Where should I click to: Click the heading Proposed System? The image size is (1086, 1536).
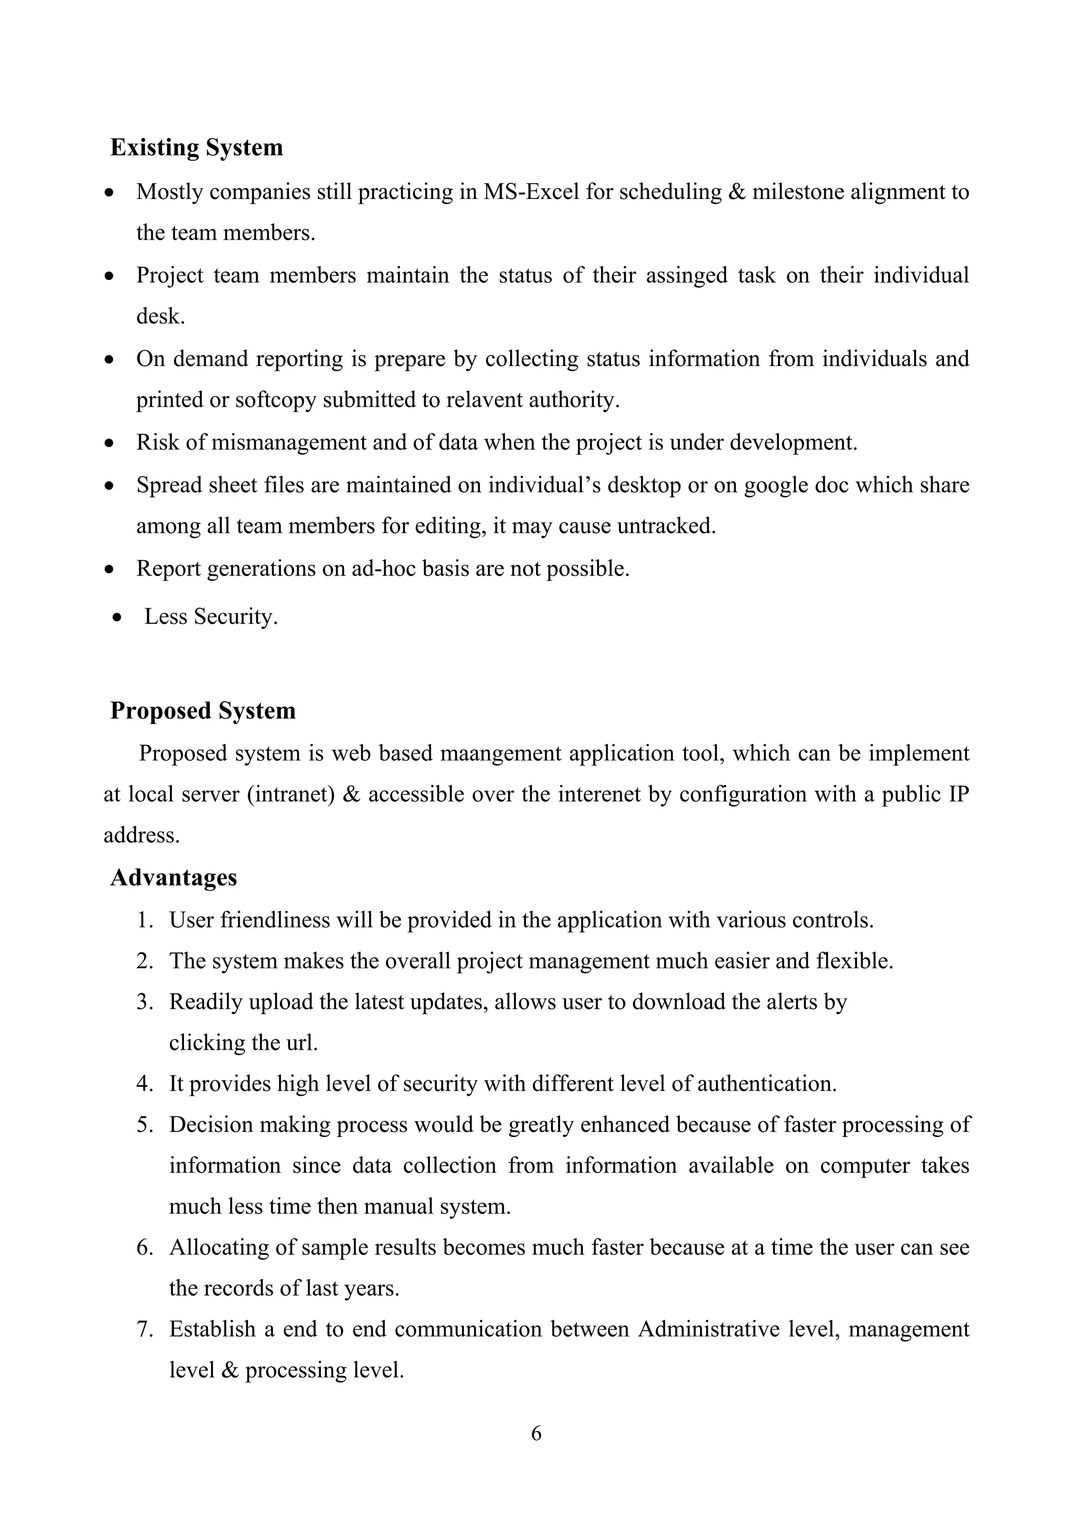click(203, 711)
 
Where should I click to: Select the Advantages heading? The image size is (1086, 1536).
click(173, 878)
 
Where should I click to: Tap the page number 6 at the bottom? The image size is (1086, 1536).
click(536, 1434)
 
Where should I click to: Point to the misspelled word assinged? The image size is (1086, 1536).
click(686, 276)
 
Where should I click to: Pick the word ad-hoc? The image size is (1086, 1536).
click(377, 569)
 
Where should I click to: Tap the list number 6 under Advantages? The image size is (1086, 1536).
click(144, 1247)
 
